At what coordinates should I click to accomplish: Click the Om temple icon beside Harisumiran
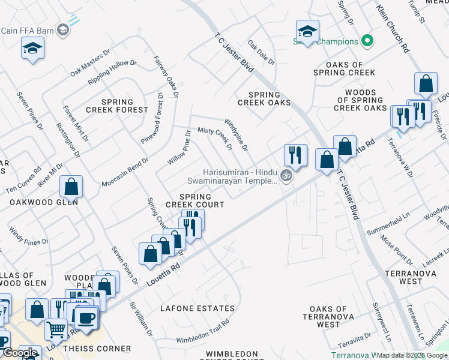[286, 176]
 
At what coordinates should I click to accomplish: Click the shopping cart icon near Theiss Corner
[56, 329]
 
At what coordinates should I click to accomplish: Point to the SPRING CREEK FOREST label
[116, 106]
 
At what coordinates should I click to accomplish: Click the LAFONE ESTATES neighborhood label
[197, 308]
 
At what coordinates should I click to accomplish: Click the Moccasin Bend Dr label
[125, 173]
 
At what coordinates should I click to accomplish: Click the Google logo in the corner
[20, 353]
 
